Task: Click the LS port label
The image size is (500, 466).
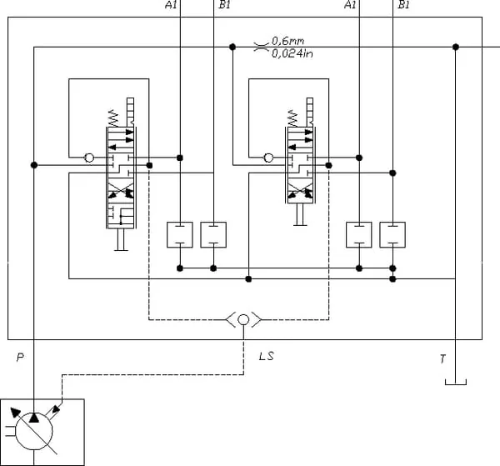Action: point(267,356)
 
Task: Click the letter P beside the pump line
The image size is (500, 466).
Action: point(20,358)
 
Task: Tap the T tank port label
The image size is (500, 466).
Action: point(442,359)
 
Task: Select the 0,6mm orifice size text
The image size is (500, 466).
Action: point(288,41)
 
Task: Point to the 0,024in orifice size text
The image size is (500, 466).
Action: point(292,53)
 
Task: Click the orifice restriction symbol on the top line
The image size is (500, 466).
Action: point(261,47)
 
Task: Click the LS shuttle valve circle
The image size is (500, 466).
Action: point(243,319)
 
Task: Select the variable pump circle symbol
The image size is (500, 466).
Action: point(34,431)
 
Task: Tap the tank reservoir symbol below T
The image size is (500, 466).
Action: point(456,382)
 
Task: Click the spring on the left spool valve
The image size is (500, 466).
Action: point(113,118)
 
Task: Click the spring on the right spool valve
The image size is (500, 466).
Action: point(292,118)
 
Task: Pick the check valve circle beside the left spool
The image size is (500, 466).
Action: point(89,158)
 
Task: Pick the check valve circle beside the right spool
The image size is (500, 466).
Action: point(269,158)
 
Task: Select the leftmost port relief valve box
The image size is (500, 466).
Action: point(180,235)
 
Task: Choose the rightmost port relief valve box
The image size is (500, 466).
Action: point(392,235)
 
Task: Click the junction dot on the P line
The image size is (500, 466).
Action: point(34,165)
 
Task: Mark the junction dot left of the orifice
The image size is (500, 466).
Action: point(232,47)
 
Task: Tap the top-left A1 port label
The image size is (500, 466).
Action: point(171,4)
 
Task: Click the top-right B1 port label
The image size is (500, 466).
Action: point(403,4)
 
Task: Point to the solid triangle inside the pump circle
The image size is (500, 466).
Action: point(34,418)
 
